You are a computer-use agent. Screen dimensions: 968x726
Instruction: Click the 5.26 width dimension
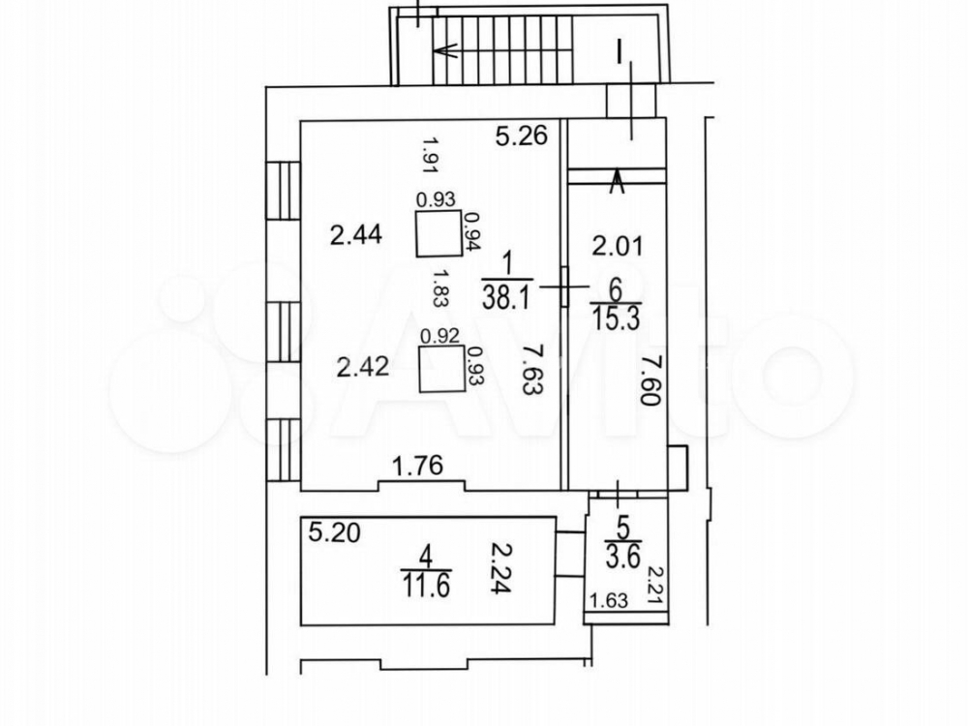[x=522, y=136]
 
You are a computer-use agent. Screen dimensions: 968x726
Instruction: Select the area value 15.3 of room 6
[x=616, y=319]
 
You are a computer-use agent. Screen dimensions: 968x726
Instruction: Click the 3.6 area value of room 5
[x=622, y=559]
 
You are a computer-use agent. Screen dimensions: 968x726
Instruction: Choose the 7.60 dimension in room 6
[x=650, y=380]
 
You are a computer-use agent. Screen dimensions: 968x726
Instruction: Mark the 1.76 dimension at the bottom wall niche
[x=418, y=466]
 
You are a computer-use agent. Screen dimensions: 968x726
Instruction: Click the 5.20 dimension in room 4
[x=334, y=532]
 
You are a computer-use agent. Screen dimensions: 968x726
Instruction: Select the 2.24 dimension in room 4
[x=500, y=567]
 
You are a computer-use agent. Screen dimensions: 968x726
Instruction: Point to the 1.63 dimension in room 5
[x=609, y=600]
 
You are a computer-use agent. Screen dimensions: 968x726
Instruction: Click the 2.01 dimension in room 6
[x=618, y=246]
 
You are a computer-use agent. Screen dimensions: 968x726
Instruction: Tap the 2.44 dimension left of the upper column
[x=356, y=235]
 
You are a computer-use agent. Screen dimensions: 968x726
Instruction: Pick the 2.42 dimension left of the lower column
[x=363, y=367]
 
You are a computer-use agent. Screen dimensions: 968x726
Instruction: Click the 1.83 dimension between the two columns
[x=440, y=287]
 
